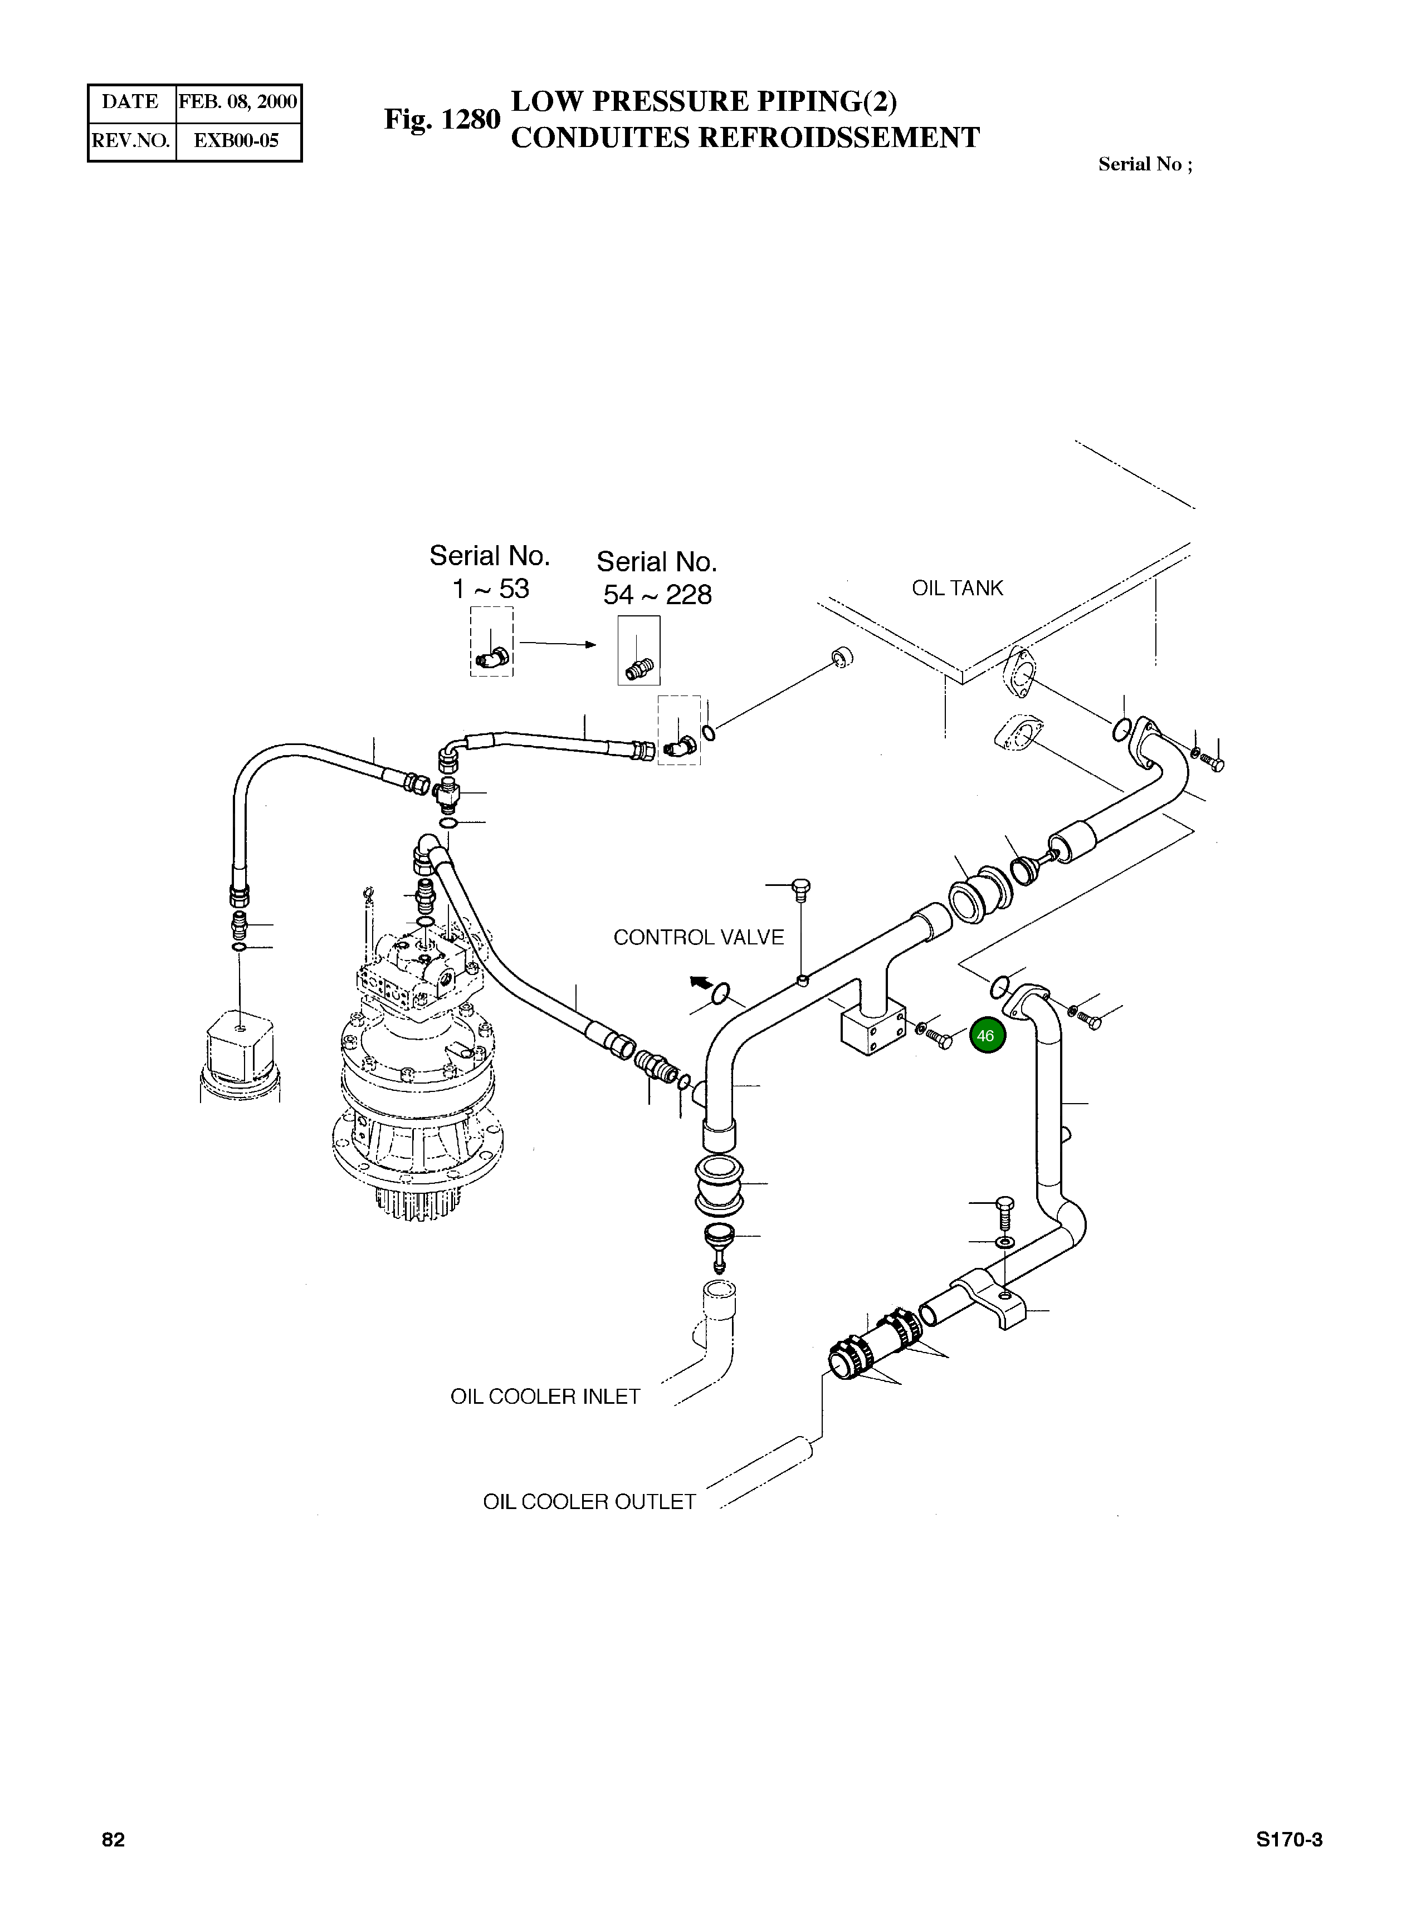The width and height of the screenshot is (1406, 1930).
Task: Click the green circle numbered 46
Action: (985, 1036)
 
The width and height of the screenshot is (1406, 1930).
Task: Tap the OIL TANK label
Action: (958, 588)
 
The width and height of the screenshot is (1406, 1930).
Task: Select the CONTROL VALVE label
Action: (699, 937)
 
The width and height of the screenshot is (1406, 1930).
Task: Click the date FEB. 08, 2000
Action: (237, 102)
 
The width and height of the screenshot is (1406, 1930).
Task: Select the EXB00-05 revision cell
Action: (237, 140)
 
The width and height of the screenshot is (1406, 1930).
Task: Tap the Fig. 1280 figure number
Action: (442, 119)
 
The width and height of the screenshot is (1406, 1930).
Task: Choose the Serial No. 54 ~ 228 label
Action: (657, 578)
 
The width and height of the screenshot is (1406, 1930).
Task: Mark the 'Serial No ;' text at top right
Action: (1145, 164)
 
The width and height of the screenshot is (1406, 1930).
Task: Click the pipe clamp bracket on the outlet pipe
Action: (994, 1300)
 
